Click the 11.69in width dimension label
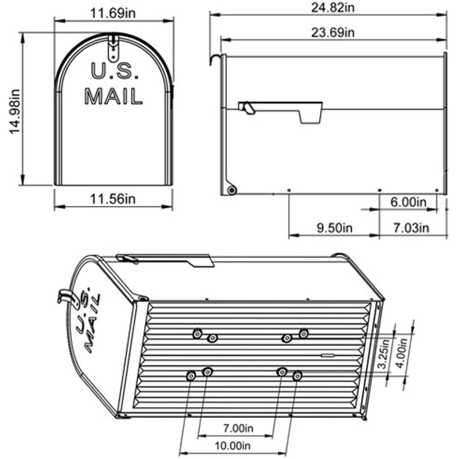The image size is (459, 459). point(113,13)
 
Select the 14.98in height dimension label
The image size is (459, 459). point(15,111)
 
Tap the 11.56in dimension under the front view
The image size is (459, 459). point(113,199)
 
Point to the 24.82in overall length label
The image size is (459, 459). point(333,7)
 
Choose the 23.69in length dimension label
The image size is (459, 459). point(333,32)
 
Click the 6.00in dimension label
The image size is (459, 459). point(408,202)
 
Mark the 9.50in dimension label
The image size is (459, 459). point(335,228)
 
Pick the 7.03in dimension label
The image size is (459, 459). point(411,228)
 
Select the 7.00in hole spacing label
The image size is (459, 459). point(238,428)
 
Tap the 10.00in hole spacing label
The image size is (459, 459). point(233,446)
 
